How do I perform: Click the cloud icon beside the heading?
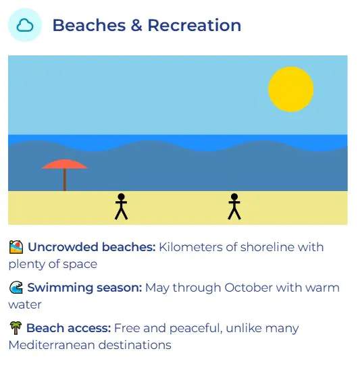click(x=25, y=26)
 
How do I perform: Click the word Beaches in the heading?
click(x=89, y=25)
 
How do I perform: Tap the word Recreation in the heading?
click(x=195, y=25)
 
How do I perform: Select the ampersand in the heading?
click(x=136, y=25)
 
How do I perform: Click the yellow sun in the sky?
click(x=290, y=89)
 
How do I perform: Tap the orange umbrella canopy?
click(x=65, y=164)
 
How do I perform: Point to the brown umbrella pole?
click(x=65, y=180)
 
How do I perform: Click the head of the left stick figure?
click(x=122, y=196)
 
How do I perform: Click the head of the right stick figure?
click(x=234, y=196)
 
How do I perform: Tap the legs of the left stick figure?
click(x=122, y=213)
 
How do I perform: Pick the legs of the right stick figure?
click(x=234, y=213)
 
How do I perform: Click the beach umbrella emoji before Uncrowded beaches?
click(x=16, y=247)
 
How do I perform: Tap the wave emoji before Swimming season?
click(x=16, y=288)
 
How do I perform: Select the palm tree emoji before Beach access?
click(x=16, y=328)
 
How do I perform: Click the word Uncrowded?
click(x=63, y=247)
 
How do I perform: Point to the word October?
click(x=249, y=288)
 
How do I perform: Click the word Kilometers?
click(x=190, y=247)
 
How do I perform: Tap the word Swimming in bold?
click(x=60, y=288)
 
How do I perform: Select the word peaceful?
click(x=196, y=329)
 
